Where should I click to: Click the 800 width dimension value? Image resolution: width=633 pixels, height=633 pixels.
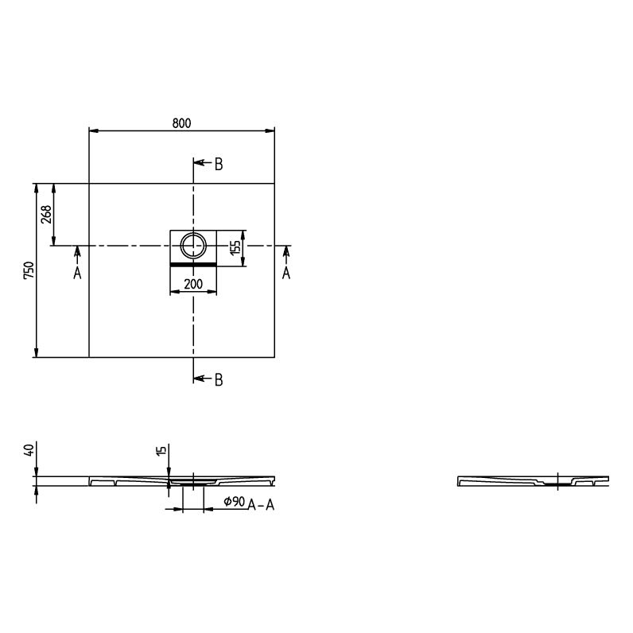pos(181,123)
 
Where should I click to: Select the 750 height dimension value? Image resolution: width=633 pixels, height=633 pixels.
pos(29,270)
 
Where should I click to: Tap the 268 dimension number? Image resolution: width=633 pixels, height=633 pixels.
pos(46,214)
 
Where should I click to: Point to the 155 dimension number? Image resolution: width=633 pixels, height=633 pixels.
pos(235,247)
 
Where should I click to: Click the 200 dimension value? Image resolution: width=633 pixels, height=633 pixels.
pos(193,284)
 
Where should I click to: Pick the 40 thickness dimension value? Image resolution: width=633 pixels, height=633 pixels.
pos(29,450)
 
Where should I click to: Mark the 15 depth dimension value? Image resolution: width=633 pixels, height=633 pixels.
pos(161,451)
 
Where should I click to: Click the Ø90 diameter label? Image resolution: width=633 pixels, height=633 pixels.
pos(234,502)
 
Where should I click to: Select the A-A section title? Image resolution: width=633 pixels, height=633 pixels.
pos(261,505)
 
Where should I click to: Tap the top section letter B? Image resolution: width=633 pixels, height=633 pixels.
pos(219,165)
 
